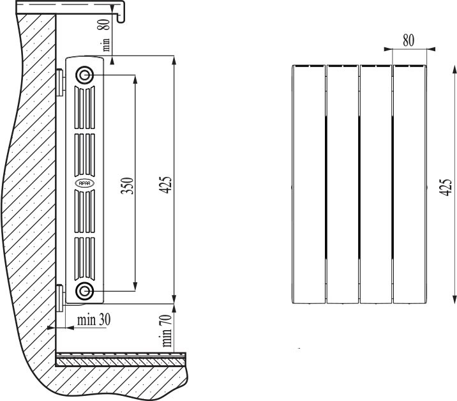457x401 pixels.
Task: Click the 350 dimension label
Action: coord(128,186)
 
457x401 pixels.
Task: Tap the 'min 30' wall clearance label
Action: coord(94,320)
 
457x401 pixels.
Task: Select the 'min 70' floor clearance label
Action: coord(167,331)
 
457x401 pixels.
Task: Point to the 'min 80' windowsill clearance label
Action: coord(105,35)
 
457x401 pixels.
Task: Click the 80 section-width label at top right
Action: coord(408,40)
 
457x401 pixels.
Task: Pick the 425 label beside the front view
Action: coord(446,187)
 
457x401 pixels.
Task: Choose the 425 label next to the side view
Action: coord(165,185)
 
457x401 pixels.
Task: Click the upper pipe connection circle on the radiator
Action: coord(84,75)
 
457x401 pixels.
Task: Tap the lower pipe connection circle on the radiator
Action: coord(84,291)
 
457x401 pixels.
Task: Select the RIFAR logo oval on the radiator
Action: coord(84,183)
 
